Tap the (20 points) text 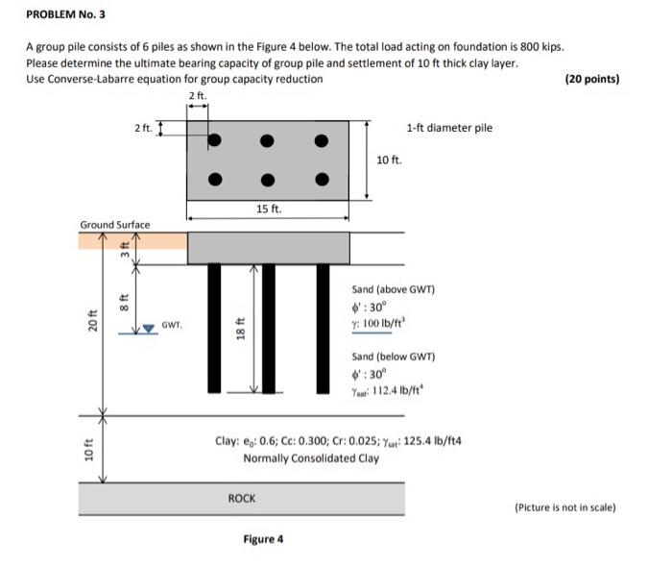click(593, 79)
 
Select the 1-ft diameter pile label click(449, 127)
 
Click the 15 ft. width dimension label click(269, 209)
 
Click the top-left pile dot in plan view click(216, 140)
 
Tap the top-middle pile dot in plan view click(269, 140)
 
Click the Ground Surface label click(115, 225)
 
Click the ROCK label click(242, 498)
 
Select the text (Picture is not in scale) click(565, 507)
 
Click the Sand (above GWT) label click(394, 289)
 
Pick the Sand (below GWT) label click(394, 357)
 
